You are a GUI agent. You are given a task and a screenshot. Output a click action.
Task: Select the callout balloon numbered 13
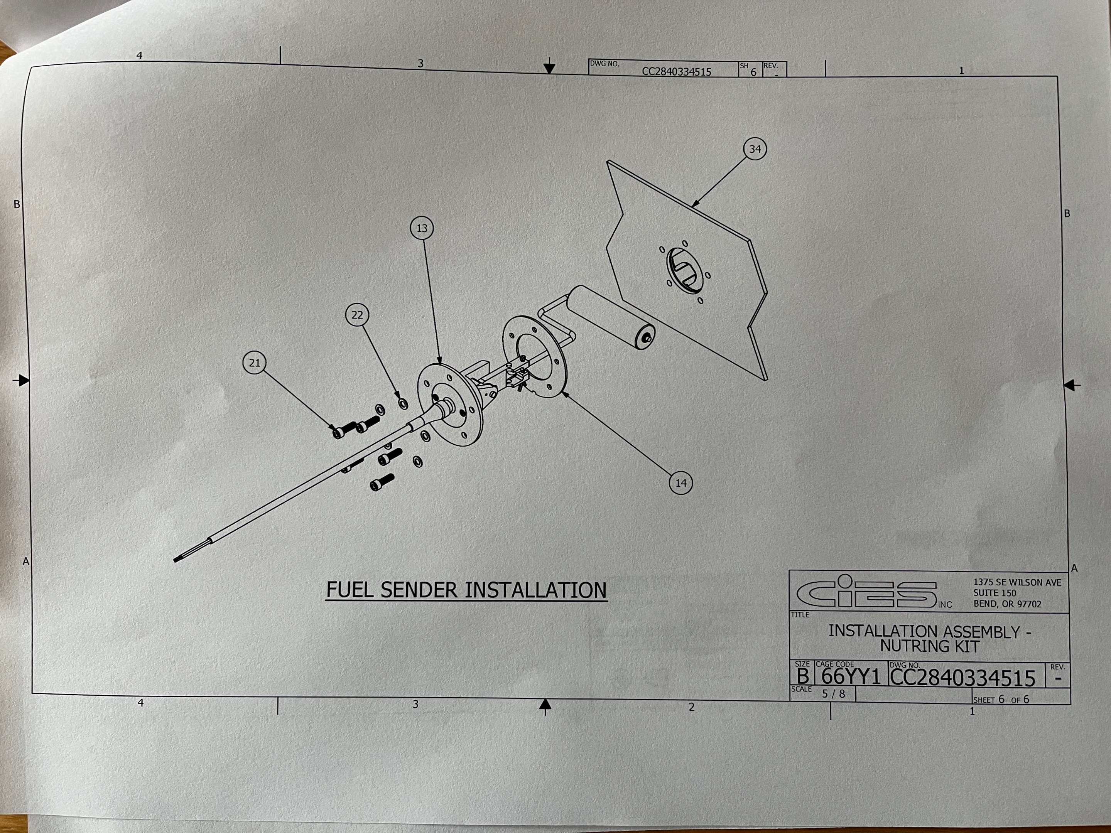coord(422,228)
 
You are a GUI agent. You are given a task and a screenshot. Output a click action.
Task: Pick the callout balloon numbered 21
coord(255,363)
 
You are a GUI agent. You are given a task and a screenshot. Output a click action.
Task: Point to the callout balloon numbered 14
coord(681,483)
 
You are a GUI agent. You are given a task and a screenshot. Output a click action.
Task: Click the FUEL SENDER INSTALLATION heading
coord(466,590)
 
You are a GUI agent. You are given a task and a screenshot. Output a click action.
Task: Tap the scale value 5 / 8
coord(833,694)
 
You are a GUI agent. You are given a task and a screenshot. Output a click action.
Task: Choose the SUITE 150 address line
coord(994,593)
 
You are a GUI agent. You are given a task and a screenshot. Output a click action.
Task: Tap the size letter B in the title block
coord(802,677)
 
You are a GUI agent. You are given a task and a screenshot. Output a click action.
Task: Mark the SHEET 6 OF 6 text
coord(1001,700)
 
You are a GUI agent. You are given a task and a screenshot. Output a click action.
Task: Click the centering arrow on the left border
coord(22,380)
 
